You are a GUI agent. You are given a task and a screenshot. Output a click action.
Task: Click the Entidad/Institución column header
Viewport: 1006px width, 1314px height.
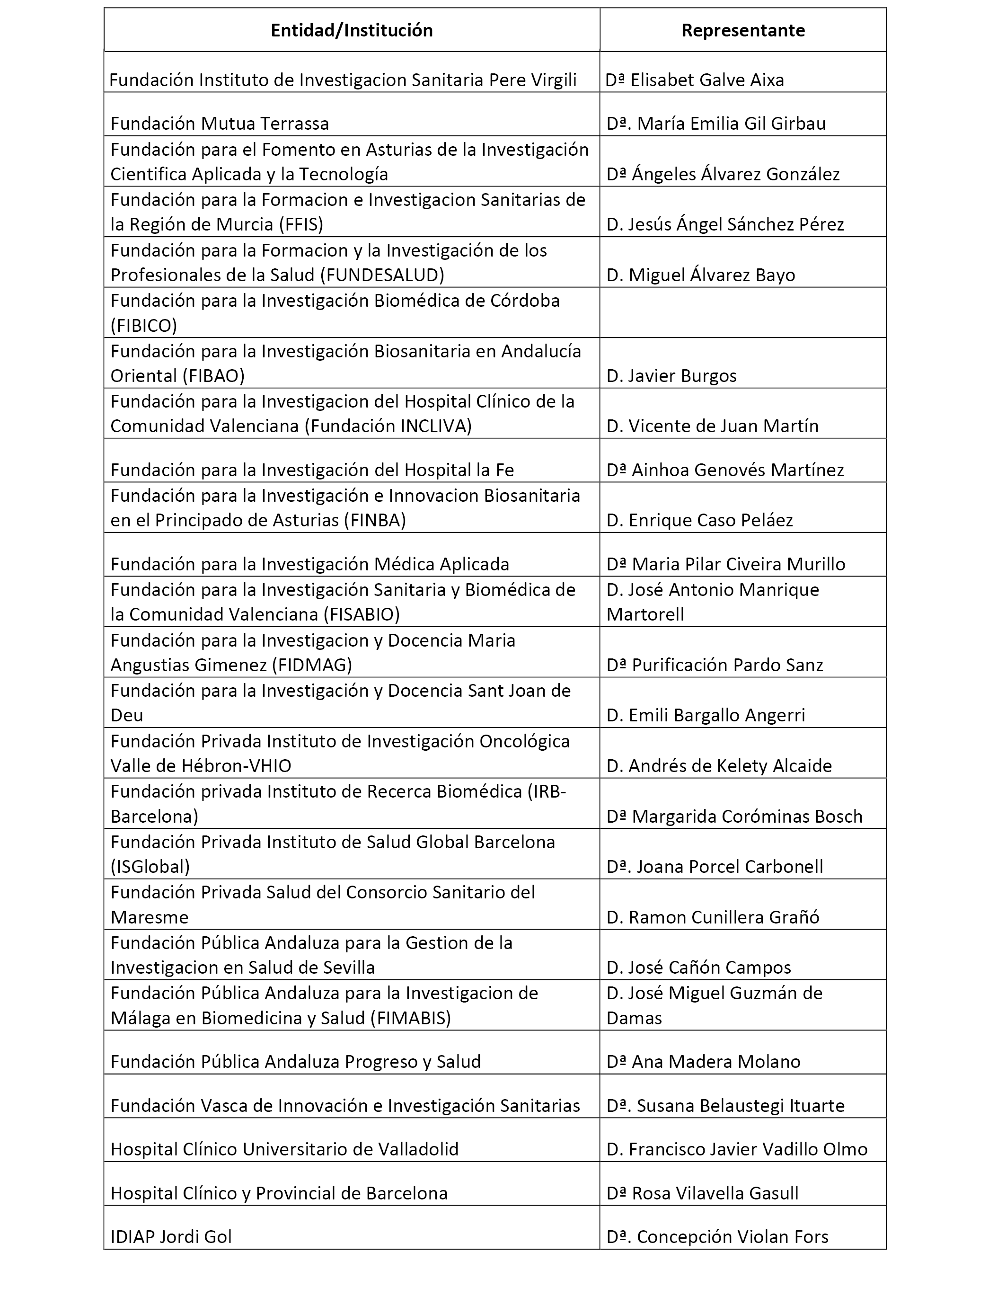click(x=352, y=31)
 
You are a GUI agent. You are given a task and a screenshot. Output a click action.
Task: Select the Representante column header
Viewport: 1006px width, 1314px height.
click(x=742, y=31)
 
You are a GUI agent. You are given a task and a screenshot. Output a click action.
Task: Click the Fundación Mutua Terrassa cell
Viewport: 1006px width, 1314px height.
click(x=220, y=124)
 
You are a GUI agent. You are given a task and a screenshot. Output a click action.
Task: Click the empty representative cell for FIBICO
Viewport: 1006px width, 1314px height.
click(x=742, y=312)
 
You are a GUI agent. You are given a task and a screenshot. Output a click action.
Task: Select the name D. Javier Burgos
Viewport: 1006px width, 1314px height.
click(x=671, y=376)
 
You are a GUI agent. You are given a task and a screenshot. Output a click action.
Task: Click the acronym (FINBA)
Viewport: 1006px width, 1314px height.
click(x=375, y=521)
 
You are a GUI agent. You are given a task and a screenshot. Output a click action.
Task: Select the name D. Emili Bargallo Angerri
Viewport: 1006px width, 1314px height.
click(x=706, y=716)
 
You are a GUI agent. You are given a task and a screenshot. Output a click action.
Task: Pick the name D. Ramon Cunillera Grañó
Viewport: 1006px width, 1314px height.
click(x=713, y=917)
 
